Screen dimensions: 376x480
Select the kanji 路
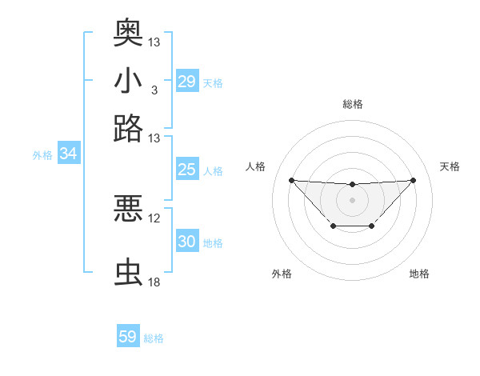128,128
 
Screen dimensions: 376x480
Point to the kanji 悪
128,209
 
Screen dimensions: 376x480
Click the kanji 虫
128,273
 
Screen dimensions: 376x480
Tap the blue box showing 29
186,82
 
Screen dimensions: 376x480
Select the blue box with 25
186,170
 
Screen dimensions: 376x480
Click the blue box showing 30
186,242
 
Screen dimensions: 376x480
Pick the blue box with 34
68,154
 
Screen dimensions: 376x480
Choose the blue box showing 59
128,337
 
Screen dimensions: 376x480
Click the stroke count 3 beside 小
154,90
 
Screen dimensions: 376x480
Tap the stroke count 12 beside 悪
154,218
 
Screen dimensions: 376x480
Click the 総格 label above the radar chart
352,104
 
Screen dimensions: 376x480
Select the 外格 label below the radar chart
282,274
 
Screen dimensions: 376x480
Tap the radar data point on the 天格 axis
413,180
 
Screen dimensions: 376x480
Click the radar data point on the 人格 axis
291,180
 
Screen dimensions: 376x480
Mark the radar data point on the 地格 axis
372,226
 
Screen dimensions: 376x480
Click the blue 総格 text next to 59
154,338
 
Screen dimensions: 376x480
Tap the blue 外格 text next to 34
42,155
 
